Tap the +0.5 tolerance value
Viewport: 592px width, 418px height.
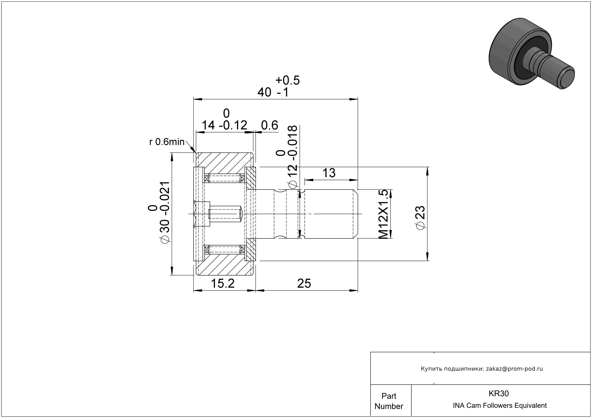point(287,80)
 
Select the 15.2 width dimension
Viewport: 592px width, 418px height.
point(223,284)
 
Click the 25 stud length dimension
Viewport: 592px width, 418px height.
point(304,284)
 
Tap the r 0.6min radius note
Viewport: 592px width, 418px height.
point(167,142)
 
